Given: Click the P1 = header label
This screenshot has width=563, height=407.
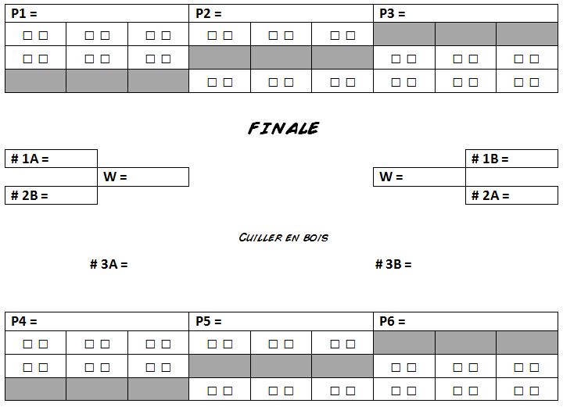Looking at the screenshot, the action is [24, 13].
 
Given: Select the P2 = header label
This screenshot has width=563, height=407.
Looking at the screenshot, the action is [209, 13].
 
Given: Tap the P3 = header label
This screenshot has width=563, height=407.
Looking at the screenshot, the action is [393, 13].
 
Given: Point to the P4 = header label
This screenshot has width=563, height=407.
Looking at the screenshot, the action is [24, 321].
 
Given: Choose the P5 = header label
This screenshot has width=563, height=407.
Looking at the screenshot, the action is [209, 321].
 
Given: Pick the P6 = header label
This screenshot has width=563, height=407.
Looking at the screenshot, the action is [393, 321].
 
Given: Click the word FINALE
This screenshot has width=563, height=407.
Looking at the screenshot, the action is [283, 128].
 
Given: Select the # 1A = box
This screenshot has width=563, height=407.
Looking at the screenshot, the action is [51, 159].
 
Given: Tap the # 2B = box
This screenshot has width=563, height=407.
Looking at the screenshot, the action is [51, 195].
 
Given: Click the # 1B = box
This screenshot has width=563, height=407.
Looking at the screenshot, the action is [511, 159].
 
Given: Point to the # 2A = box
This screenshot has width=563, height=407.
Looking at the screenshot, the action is [511, 195].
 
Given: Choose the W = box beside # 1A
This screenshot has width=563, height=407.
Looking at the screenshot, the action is [144, 177].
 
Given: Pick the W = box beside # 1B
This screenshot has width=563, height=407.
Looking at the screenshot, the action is [419, 177].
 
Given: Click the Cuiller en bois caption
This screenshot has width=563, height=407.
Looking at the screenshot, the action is [283, 237].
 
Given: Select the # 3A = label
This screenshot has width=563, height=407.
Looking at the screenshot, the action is [109, 264].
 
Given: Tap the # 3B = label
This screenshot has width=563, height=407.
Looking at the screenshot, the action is [393, 264].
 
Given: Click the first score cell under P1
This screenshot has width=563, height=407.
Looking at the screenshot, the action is [35, 35].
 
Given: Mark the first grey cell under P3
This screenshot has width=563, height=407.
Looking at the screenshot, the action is [403, 34].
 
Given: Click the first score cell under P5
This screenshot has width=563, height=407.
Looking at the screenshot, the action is [220, 343].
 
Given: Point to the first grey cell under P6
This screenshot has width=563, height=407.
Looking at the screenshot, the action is [403, 342].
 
